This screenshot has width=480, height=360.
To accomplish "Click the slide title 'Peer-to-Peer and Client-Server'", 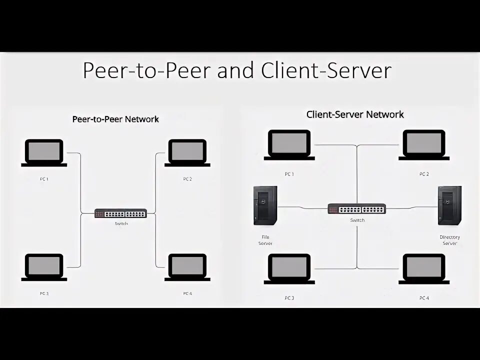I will point(236,70).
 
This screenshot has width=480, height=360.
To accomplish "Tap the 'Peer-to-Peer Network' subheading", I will point(115,119).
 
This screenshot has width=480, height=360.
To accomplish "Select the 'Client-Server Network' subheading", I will point(354,114).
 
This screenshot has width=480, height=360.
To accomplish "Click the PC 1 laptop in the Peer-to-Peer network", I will point(44,152).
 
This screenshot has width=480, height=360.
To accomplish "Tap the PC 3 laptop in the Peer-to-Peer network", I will point(44,267).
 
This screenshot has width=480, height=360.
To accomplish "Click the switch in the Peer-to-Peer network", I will point(121,213).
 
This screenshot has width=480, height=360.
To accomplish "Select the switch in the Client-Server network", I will point(357,209).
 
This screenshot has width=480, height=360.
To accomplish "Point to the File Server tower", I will point(265,205).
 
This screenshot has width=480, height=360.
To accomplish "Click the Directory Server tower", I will point(449,205).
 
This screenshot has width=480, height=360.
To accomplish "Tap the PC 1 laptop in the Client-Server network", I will point(289,144).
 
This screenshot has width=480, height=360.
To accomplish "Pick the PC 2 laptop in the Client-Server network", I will point(424,144).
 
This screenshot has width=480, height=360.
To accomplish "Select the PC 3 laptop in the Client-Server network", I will point(289,269).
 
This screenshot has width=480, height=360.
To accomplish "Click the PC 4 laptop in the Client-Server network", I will point(424,269).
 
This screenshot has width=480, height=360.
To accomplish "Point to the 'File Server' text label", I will point(265,240).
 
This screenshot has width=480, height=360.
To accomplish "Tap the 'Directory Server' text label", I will point(449,240).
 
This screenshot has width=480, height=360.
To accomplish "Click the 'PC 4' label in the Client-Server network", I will point(424,298).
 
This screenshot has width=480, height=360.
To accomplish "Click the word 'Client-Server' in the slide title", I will point(325,70).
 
